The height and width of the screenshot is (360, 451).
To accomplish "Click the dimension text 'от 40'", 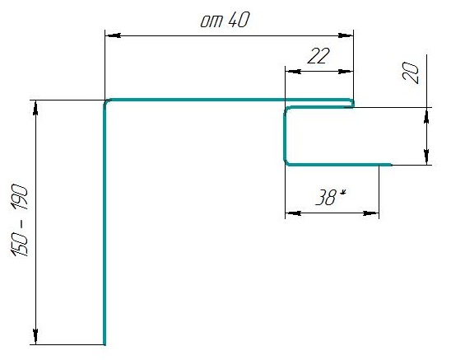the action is [x=225, y=21].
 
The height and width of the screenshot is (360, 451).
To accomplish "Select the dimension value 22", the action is [x=318, y=56].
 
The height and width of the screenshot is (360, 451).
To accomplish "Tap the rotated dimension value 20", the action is [x=410, y=72].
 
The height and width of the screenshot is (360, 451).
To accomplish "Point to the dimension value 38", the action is [x=326, y=197].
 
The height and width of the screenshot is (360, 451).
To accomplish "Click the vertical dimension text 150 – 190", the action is [x=20, y=220].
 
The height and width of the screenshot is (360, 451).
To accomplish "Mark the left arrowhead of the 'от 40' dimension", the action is [x=113, y=35].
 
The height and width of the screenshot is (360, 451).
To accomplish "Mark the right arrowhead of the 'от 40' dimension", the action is [x=346, y=35].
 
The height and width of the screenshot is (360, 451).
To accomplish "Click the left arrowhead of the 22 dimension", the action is [x=293, y=72].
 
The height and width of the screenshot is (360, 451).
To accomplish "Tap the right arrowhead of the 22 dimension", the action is [x=346, y=72].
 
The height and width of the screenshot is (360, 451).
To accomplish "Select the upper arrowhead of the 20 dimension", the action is [x=426, y=115].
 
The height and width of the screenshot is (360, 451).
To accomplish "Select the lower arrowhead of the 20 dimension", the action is [x=426, y=157].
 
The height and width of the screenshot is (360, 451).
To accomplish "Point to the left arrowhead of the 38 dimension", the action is [x=293, y=213].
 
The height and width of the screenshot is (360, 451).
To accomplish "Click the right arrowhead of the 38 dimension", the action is [x=370, y=213].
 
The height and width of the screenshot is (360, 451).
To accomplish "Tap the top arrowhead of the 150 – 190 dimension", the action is [x=35, y=108].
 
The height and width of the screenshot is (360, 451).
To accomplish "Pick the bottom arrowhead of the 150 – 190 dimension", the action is [x=35, y=337].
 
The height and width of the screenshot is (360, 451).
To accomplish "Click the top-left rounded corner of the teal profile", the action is [x=106, y=101].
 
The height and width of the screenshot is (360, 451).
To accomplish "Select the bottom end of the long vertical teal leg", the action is [x=105, y=344].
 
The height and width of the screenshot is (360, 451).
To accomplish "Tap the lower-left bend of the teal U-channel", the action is [x=286, y=163].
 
